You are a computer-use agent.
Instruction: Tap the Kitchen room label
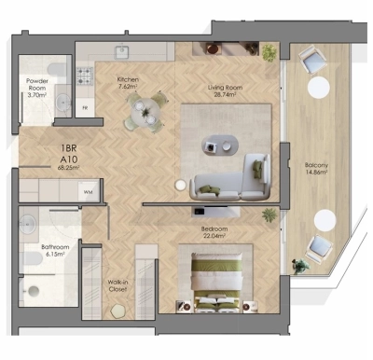[128, 80]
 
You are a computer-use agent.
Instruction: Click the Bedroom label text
[214, 228]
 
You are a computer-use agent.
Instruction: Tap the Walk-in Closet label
[117, 285]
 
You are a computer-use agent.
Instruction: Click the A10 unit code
[68, 159]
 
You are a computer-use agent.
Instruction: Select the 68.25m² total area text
[68, 169]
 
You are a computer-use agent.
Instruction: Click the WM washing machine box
[88, 192]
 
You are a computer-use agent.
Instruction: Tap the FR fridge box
[86, 108]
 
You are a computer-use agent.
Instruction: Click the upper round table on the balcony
[318, 88]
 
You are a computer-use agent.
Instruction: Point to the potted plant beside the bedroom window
[269, 215]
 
